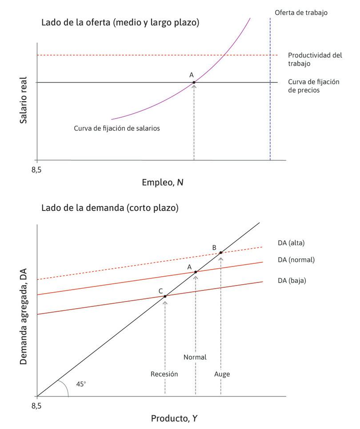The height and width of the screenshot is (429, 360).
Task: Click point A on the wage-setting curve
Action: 194,82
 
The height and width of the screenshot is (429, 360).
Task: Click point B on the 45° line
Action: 220,253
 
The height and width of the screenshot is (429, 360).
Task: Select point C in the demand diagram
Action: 165,296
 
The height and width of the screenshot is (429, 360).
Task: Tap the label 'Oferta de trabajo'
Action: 301,12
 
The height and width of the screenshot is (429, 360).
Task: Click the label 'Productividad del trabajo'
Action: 315,60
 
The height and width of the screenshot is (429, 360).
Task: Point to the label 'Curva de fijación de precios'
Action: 313,86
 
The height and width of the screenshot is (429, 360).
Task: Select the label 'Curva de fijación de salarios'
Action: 116,128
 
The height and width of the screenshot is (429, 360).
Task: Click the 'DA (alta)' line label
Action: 290,242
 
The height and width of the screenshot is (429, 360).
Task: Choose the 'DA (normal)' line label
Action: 295,260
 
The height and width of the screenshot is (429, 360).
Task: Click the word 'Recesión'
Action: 164,374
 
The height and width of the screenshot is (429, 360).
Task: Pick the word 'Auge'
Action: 222,374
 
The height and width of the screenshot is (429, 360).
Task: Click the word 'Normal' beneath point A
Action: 195,357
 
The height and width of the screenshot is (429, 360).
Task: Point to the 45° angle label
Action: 81,383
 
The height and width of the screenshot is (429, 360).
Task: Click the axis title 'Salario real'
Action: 24,100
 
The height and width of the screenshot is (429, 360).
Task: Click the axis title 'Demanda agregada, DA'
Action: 24,317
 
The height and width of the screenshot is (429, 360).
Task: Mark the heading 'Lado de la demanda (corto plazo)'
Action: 110,208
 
